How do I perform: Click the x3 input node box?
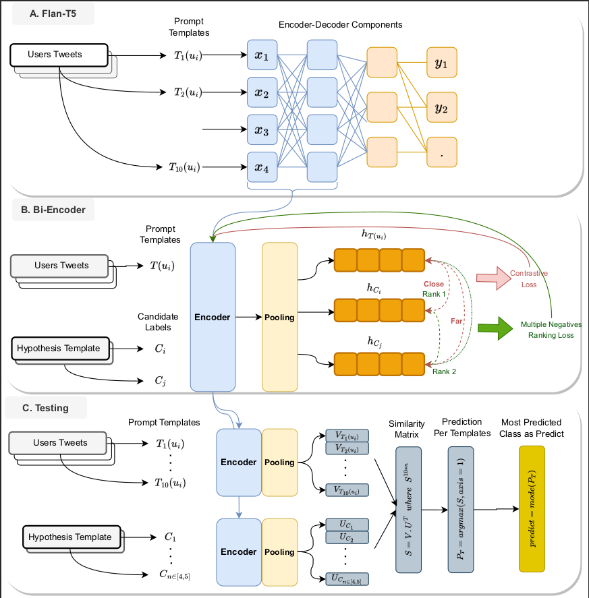coord(262,129)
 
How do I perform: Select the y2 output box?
coord(442,107)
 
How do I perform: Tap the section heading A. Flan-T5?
coord(53,13)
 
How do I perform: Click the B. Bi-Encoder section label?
coord(53,210)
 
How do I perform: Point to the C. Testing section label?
coord(45,408)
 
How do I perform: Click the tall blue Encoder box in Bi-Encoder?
coord(213,317)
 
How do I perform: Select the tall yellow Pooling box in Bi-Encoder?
coord(279,317)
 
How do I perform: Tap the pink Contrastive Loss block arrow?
coord(494,278)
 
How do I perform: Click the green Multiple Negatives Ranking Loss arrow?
coord(495,328)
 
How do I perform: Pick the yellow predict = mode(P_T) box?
coord(532,509)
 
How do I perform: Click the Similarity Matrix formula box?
coord(408,510)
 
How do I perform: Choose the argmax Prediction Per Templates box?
coord(461,510)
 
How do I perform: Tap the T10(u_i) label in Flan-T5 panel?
coord(185,167)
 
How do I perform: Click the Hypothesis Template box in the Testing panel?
coord(72,537)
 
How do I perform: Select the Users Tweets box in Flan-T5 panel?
coord(59,55)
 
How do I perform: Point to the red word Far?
coord(457,321)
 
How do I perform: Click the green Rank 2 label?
coord(445,371)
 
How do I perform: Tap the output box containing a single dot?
coord(442,152)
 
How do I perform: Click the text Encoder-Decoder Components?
coord(341,25)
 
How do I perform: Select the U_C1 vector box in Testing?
coord(347,525)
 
